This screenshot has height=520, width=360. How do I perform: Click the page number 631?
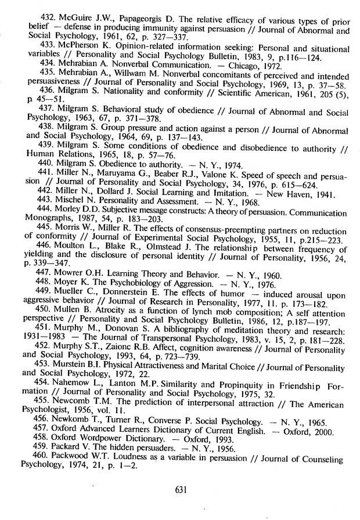(179, 489)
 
